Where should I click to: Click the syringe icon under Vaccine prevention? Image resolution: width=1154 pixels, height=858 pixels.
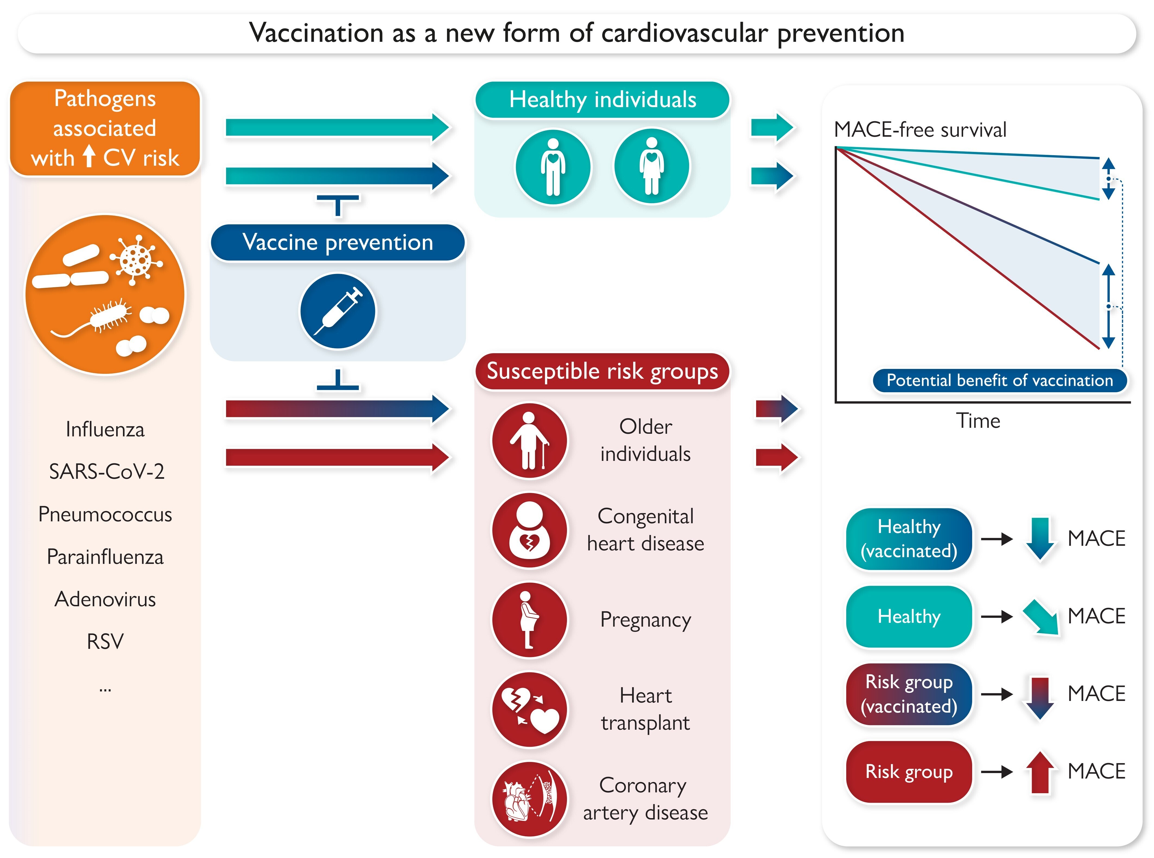(338, 311)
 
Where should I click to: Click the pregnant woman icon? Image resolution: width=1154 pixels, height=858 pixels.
(530, 620)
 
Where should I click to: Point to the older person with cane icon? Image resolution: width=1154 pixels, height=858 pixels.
(530, 441)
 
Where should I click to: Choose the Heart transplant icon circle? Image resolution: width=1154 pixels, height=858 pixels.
(530, 709)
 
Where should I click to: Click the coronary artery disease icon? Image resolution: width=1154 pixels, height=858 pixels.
(530, 799)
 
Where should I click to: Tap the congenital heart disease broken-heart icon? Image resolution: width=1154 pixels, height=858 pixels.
(530, 530)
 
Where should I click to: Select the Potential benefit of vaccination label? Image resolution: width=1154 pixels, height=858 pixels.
(1000, 380)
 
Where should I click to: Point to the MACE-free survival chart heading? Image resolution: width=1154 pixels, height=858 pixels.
(920, 129)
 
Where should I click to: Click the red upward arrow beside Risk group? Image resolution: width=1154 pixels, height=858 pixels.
(1040, 772)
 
